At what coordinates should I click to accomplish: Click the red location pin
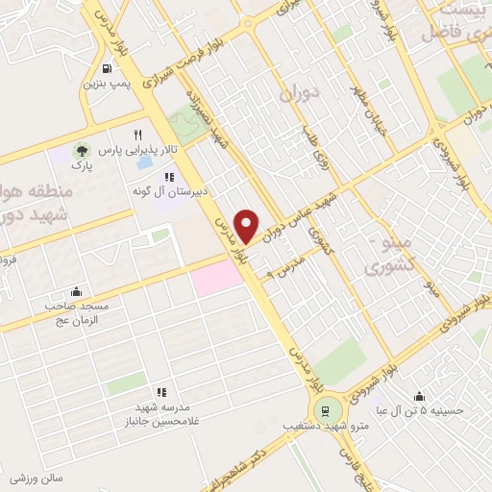click(x=248, y=226)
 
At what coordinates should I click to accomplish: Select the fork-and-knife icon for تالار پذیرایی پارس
click(x=138, y=135)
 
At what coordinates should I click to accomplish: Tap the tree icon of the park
click(x=83, y=151)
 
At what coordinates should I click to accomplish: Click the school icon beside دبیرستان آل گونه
click(x=169, y=177)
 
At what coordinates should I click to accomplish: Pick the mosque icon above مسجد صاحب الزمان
click(x=77, y=292)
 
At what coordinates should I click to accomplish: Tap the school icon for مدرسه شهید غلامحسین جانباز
click(x=161, y=392)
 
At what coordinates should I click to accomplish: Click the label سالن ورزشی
click(x=37, y=477)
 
